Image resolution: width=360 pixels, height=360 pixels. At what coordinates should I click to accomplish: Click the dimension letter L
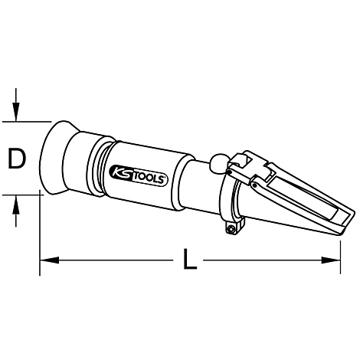click(x=190, y=263)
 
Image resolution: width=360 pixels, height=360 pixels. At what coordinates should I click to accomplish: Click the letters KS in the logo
click(x=123, y=171)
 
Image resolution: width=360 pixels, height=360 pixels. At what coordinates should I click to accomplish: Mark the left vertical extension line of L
click(x=38, y=230)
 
